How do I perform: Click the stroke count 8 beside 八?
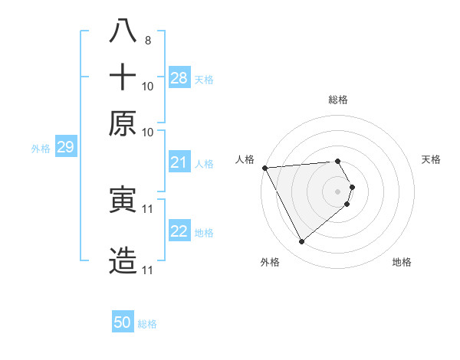147,39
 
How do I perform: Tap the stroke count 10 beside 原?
148,132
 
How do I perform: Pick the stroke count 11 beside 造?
148,270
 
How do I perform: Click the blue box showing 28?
179,77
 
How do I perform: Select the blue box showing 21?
179,162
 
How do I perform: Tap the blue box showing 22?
179,231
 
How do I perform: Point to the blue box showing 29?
65,147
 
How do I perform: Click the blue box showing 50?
123,322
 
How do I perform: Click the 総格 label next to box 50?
147,324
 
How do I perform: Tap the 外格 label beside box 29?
41,149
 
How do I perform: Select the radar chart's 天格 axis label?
431,159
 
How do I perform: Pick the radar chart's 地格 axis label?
402,262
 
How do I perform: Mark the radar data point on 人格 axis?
264,168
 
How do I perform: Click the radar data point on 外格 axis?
301,242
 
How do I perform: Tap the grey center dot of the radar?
338,191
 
